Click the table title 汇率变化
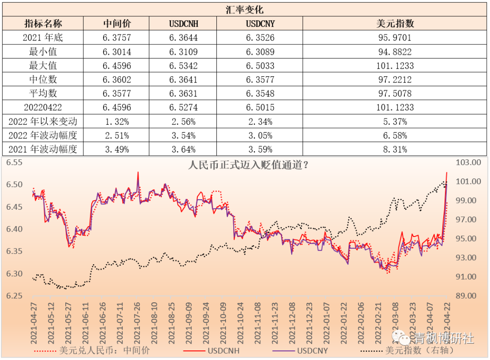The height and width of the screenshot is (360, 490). [x=245, y=10]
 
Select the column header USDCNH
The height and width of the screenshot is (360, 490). [x=183, y=24]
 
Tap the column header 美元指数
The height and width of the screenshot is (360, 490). [x=394, y=24]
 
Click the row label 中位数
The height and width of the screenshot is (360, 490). [x=43, y=79]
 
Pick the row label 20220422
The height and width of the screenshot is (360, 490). [x=43, y=108]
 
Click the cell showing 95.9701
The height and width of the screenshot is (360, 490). [x=394, y=38]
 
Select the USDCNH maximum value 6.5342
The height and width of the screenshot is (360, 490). [x=183, y=66]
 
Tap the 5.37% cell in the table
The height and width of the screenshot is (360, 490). [x=394, y=122]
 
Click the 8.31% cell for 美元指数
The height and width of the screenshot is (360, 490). [x=394, y=149]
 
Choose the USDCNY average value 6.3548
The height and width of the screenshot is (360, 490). [x=260, y=94]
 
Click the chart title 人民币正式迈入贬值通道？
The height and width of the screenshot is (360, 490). [x=249, y=165]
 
